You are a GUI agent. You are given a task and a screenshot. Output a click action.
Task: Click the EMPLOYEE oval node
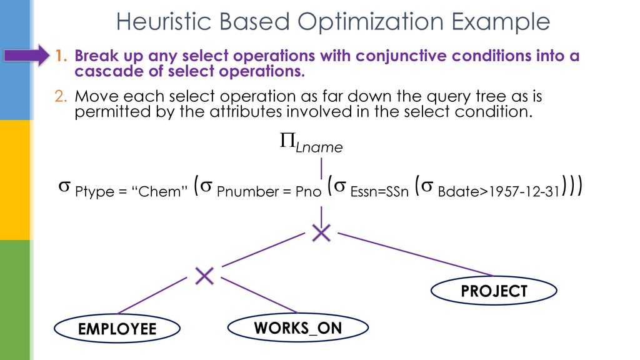(117, 329)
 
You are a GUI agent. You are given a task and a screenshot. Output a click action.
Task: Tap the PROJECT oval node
(494, 291)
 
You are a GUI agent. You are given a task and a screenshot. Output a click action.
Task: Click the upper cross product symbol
(321, 234)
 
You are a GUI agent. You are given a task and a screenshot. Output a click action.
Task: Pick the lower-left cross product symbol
(204, 275)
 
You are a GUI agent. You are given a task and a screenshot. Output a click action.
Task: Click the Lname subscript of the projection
(319, 148)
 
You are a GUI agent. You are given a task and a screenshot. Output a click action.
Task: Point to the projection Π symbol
(287, 143)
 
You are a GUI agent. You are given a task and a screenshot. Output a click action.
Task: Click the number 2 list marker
(59, 97)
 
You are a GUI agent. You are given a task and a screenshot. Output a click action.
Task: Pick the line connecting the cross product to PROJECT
(415, 254)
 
